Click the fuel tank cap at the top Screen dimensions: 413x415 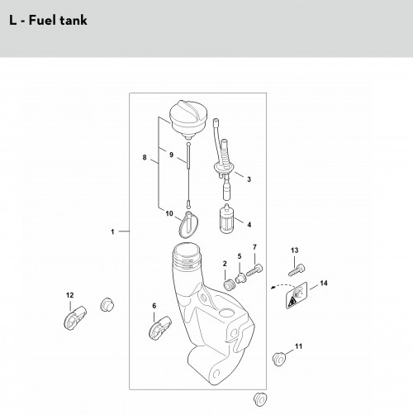point(188,119)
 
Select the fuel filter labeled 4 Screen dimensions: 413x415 point(227,218)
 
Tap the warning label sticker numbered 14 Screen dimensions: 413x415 point(297,295)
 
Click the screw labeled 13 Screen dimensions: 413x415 point(297,270)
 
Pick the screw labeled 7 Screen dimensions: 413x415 point(254,270)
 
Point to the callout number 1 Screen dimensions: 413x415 point(112,231)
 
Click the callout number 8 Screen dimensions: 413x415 point(145,158)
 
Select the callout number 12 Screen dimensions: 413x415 point(69,295)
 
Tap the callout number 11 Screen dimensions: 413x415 point(299,346)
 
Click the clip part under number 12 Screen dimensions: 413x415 point(75,317)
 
